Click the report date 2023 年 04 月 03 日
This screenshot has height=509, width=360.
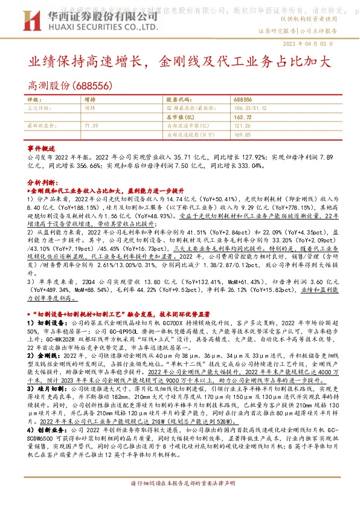coord(317,44)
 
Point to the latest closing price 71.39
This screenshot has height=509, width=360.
coord(91,125)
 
